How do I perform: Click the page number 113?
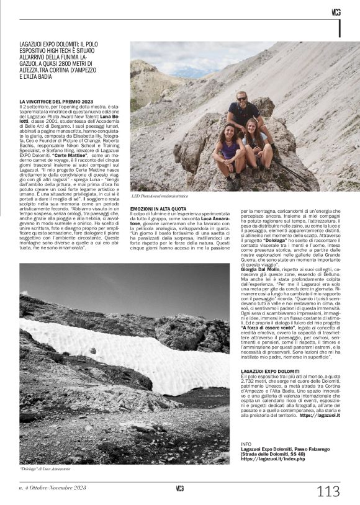(x=328, y=492)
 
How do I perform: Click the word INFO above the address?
(x=246, y=444)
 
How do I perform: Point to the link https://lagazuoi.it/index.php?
(x=273, y=459)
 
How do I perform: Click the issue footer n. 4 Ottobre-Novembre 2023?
(x=53, y=488)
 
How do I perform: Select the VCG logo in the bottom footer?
(x=180, y=488)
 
